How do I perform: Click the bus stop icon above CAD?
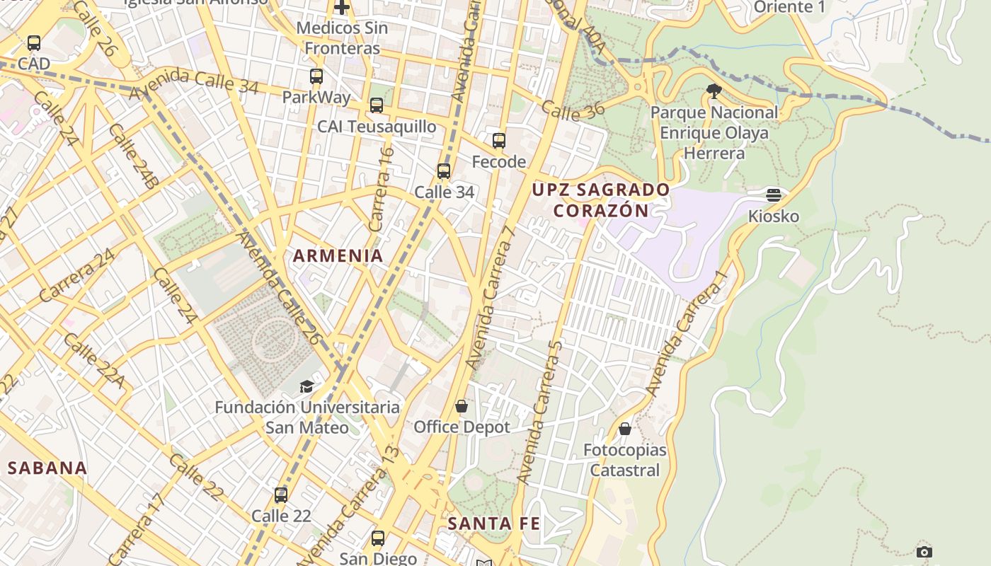point(34,43)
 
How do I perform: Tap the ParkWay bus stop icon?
point(316,76)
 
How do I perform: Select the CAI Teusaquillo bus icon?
point(377,105)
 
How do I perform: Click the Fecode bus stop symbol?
point(499,141)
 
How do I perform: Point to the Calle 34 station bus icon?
point(444,171)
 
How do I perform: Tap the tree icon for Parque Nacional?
point(714,91)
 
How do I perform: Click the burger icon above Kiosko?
point(774,195)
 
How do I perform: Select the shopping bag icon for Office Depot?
point(462,406)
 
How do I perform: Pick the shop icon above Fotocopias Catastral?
point(625,429)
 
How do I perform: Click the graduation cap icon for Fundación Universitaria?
point(307,386)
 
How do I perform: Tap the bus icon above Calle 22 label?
point(281,495)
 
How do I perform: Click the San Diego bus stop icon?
point(378,538)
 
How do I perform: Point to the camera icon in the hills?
point(924,552)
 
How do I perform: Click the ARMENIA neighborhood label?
point(338,256)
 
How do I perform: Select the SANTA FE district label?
point(494,524)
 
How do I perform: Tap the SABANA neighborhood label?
point(47,468)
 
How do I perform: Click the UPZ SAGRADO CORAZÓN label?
point(601,200)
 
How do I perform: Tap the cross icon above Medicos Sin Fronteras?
point(342,8)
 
